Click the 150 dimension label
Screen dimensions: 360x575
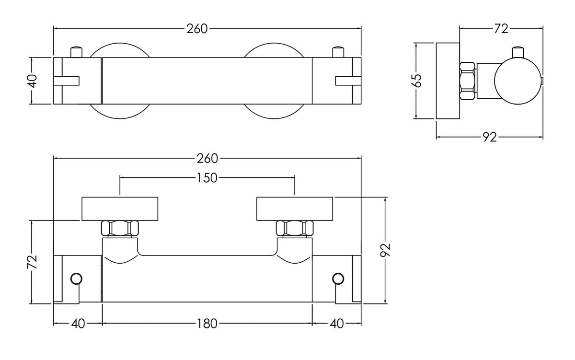(207, 178)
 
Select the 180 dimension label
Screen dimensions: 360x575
(207, 324)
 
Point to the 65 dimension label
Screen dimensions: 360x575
(418, 80)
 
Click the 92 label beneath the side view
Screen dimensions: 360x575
(488, 138)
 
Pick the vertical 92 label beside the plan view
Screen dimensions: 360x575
(387, 250)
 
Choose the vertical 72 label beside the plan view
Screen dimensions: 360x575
(33, 262)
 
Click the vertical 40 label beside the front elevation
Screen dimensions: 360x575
(32, 81)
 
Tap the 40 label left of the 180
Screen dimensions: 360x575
(78, 324)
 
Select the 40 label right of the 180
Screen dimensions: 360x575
(337, 324)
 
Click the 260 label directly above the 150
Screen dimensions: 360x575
(207, 158)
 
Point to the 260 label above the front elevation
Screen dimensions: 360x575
(197, 29)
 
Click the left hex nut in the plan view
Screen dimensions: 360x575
(120, 228)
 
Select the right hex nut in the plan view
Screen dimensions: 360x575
(294, 228)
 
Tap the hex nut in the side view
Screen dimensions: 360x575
(468, 81)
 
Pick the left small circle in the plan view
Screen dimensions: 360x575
(76, 279)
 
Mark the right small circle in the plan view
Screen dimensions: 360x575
(338, 279)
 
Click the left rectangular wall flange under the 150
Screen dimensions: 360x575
(120, 209)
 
